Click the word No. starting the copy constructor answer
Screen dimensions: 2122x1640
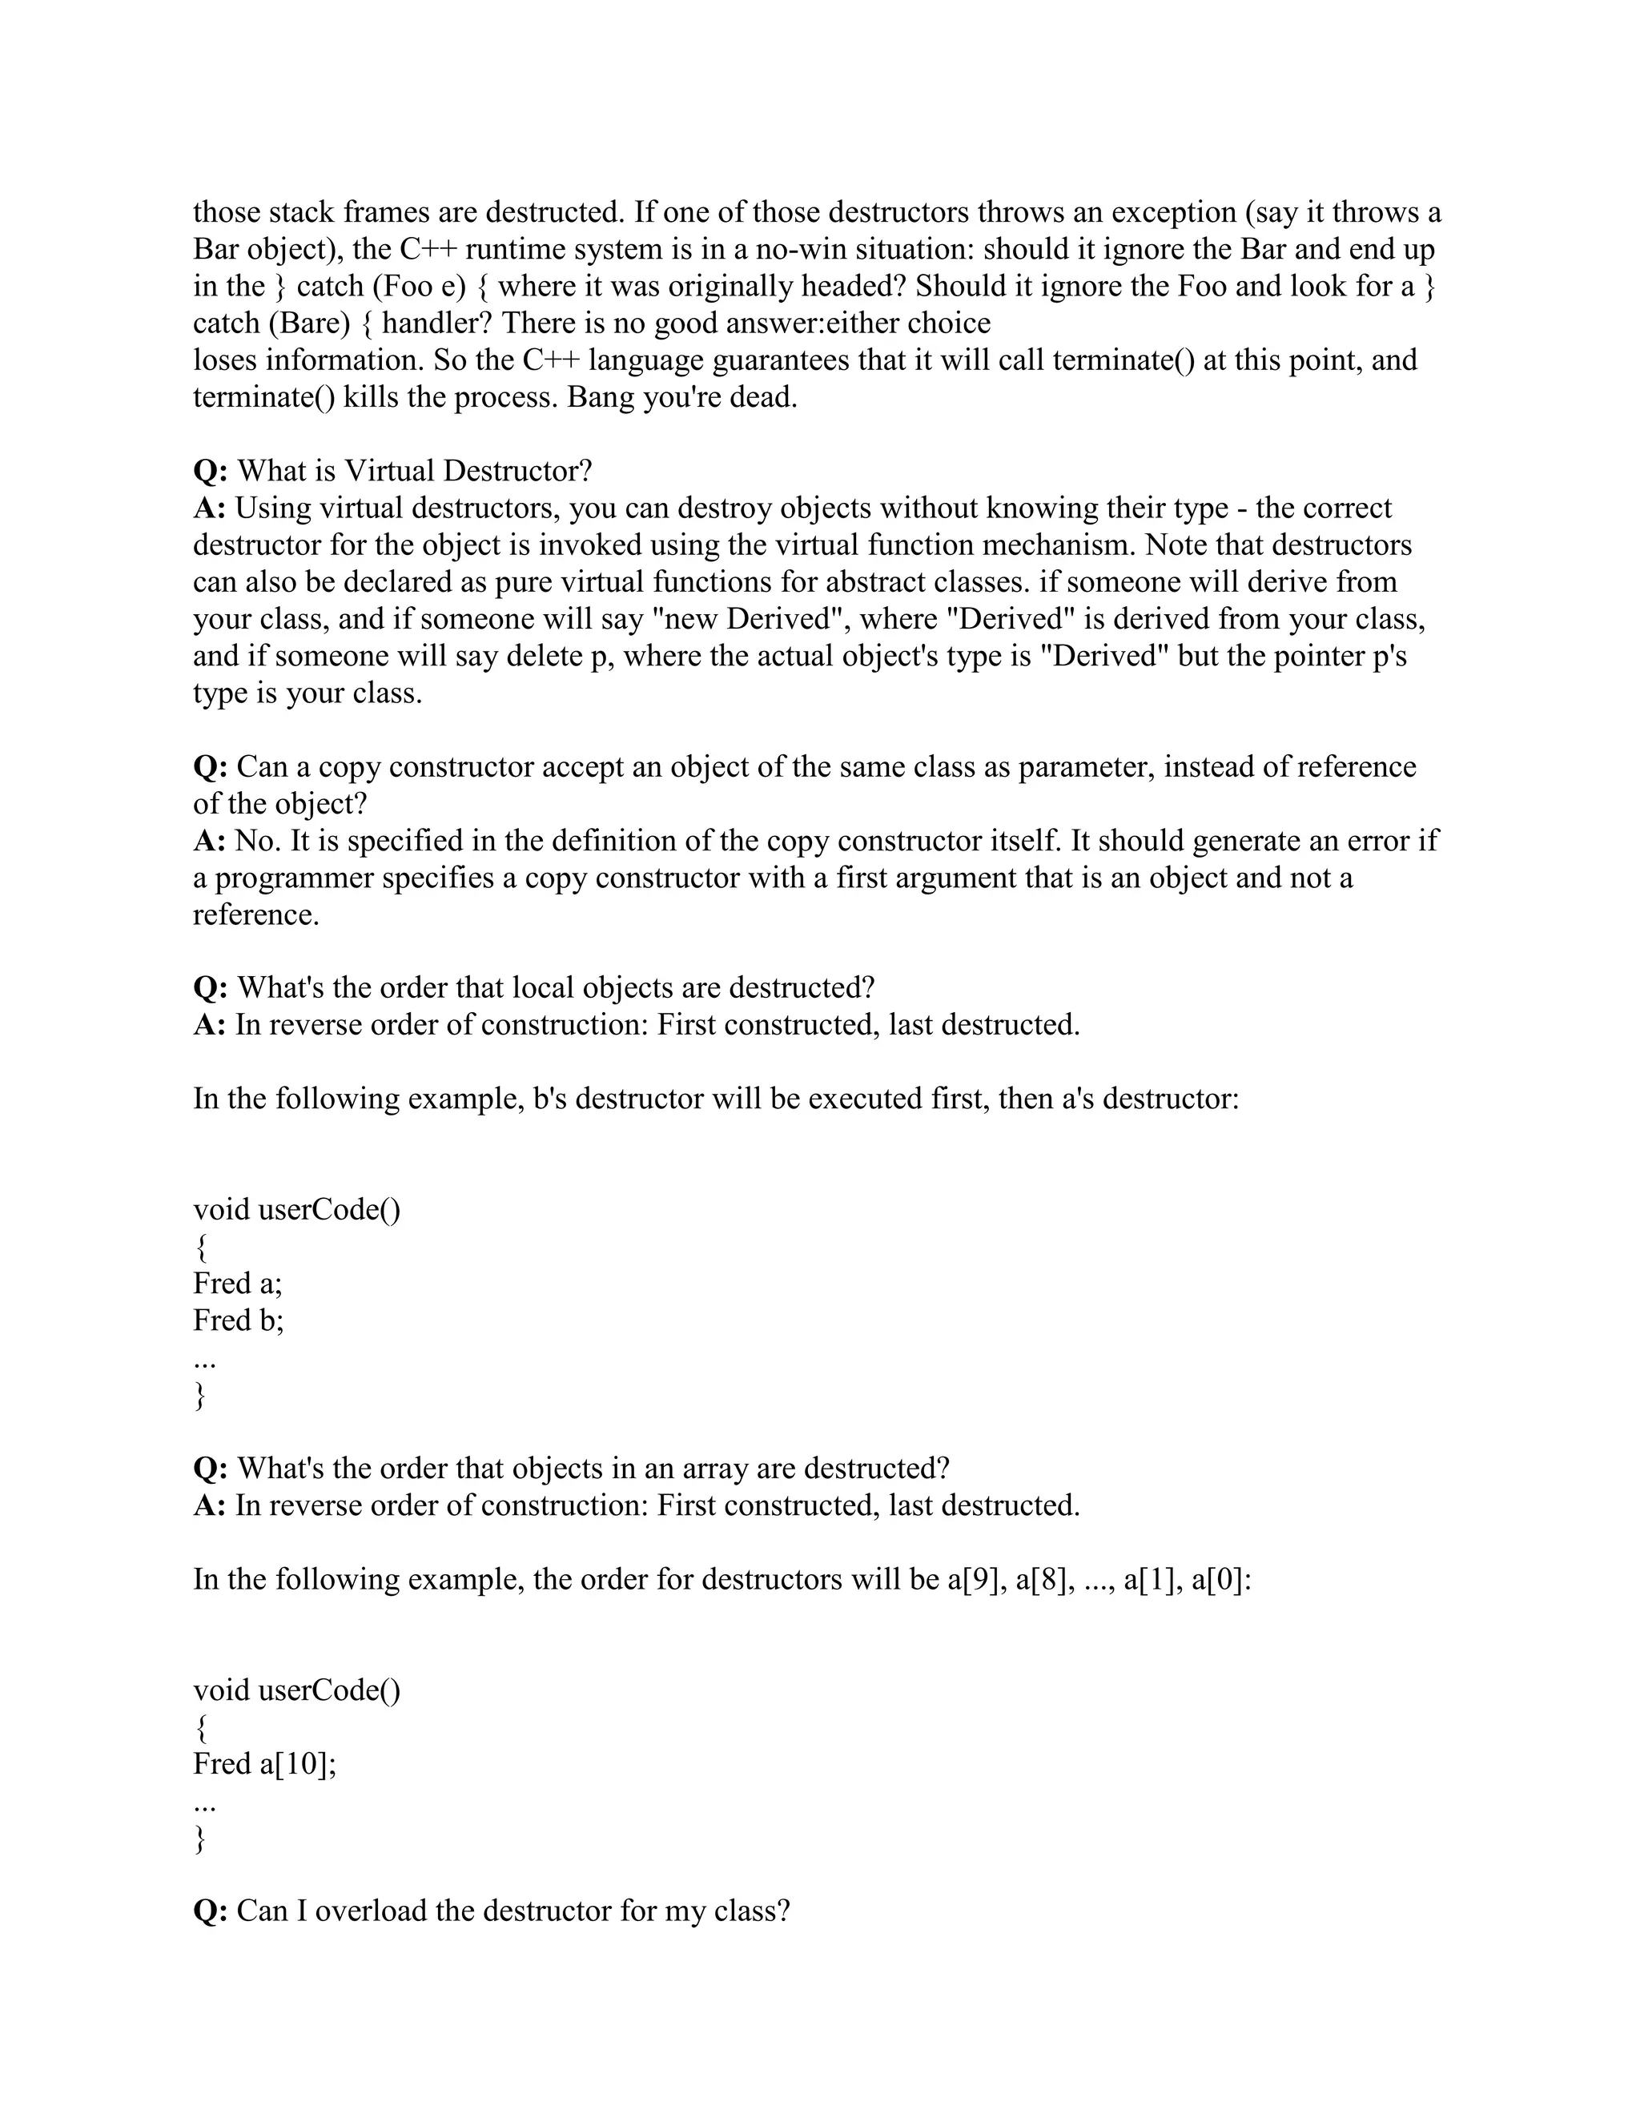[x=258, y=842]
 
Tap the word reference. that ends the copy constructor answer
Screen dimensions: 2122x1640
[x=255, y=915]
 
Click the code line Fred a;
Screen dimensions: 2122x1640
[x=237, y=1284]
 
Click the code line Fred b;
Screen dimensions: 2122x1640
[x=238, y=1321]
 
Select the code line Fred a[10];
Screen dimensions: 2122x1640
[x=264, y=1764]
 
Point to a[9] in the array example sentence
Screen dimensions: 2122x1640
[x=975, y=1580]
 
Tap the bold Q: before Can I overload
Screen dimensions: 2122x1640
[x=210, y=1912]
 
